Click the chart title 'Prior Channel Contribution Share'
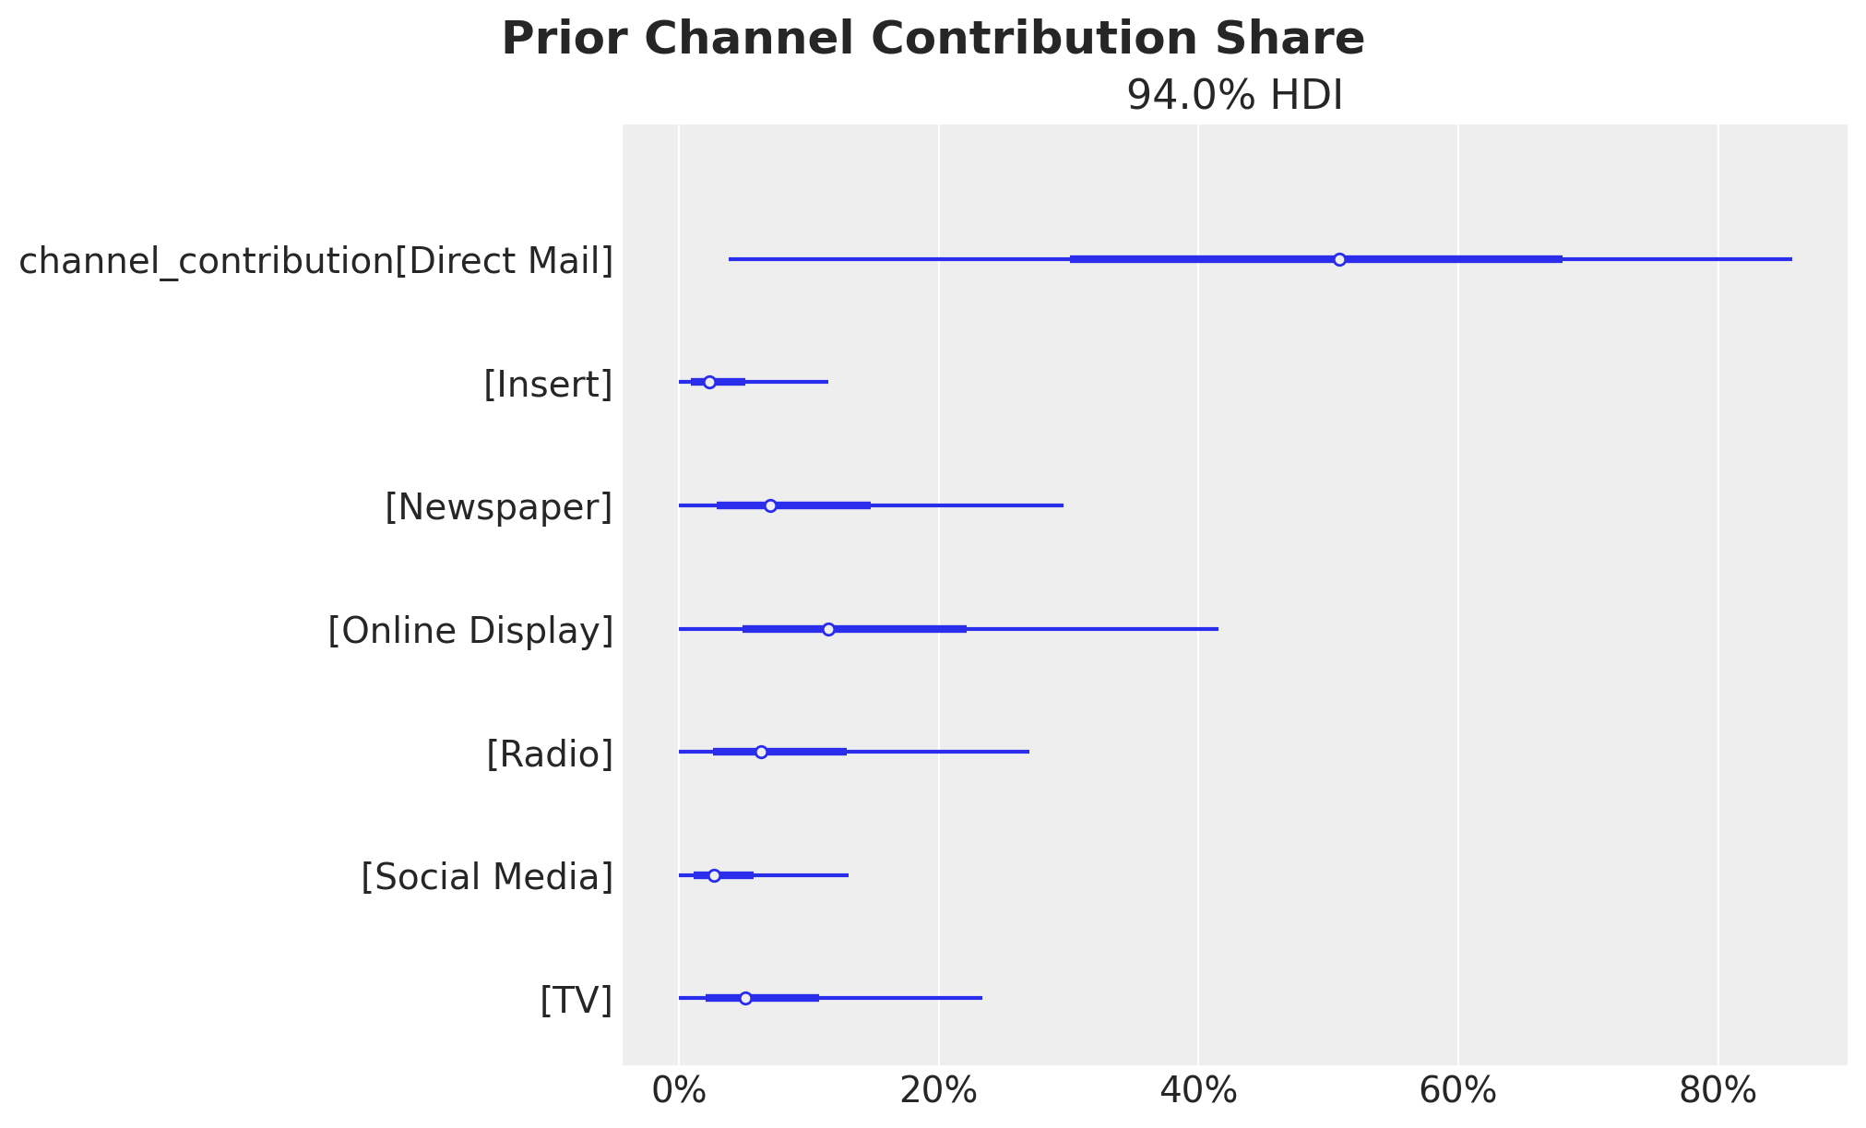[x=933, y=40]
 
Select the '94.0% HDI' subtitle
[x=1234, y=96]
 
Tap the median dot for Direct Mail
[x=1339, y=259]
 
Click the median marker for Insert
[x=709, y=382]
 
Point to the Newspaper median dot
[x=770, y=505]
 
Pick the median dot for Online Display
[x=828, y=629]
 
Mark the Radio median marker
[x=761, y=752]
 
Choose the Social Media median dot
[x=714, y=875]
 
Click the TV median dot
[x=745, y=998]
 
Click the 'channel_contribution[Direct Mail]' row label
[x=316, y=261]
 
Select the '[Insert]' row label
[x=548, y=385]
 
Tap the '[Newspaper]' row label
[x=498, y=507]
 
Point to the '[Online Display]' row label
[x=470, y=631]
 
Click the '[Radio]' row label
[x=549, y=754]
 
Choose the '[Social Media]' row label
[x=487, y=877]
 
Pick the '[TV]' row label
[x=576, y=1000]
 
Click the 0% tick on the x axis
[x=679, y=1091]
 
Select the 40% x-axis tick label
[x=1198, y=1091]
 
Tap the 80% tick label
[x=1717, y=1091]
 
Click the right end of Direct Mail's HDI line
[x=1791, y=259]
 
